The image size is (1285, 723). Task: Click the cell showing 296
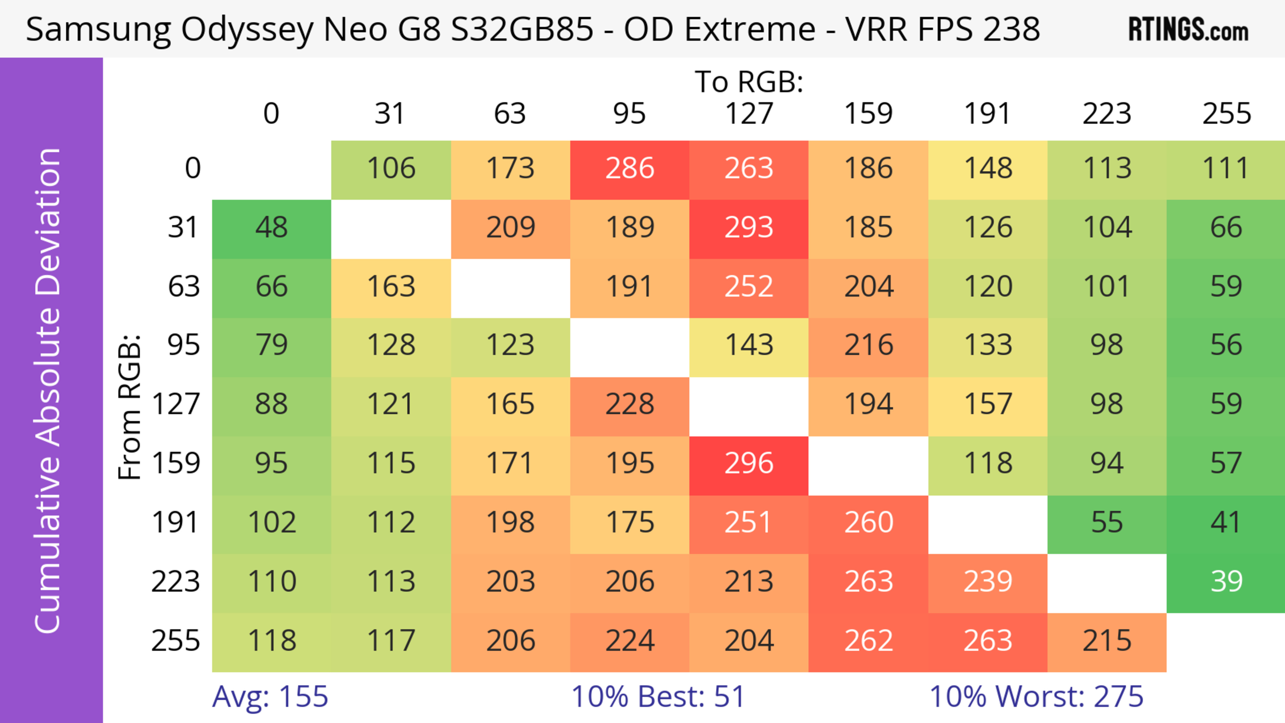tap(749, 464)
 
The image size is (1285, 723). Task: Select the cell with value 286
tap(629, 169)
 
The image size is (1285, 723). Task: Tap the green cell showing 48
tap(271, 228)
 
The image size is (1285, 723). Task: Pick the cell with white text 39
tap(1226, 582)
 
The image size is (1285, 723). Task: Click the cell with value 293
tap(749, 228)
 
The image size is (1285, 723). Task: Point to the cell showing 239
tap(988, 582)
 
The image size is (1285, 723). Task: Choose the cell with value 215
tap(1106, 641)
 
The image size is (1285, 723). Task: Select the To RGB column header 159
tap(868, 114)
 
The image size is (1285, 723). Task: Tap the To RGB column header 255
tap(1226, 114)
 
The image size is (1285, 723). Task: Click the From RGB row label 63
tap(184, 287)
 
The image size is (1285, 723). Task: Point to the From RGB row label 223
tap(176, 582)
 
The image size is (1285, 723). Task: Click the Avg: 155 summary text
tap(270, 697)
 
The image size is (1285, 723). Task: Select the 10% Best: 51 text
tap(658, 697)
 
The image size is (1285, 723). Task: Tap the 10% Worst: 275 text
tap(1036, 697)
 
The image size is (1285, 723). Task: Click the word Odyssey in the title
tap(247, 30)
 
